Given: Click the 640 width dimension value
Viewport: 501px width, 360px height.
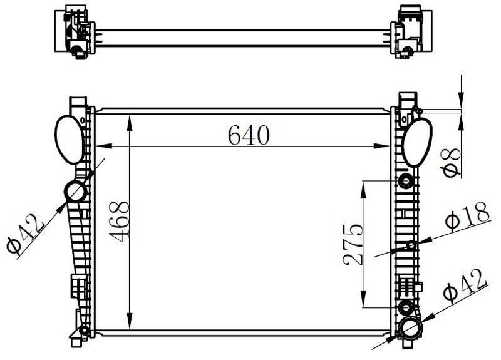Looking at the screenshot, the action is pyautogui.click(x=249, y=135).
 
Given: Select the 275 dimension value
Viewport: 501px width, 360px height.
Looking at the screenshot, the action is pyautogui.click(x=353, y=245).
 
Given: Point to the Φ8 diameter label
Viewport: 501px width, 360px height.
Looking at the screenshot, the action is pyautogui.click(x=452, y=163).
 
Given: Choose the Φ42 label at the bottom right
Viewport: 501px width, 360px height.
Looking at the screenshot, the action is pyautogui.click(x=465, y=285).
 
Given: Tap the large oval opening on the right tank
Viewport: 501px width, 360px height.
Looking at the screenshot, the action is pyautogui.click(x=416, y=142).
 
